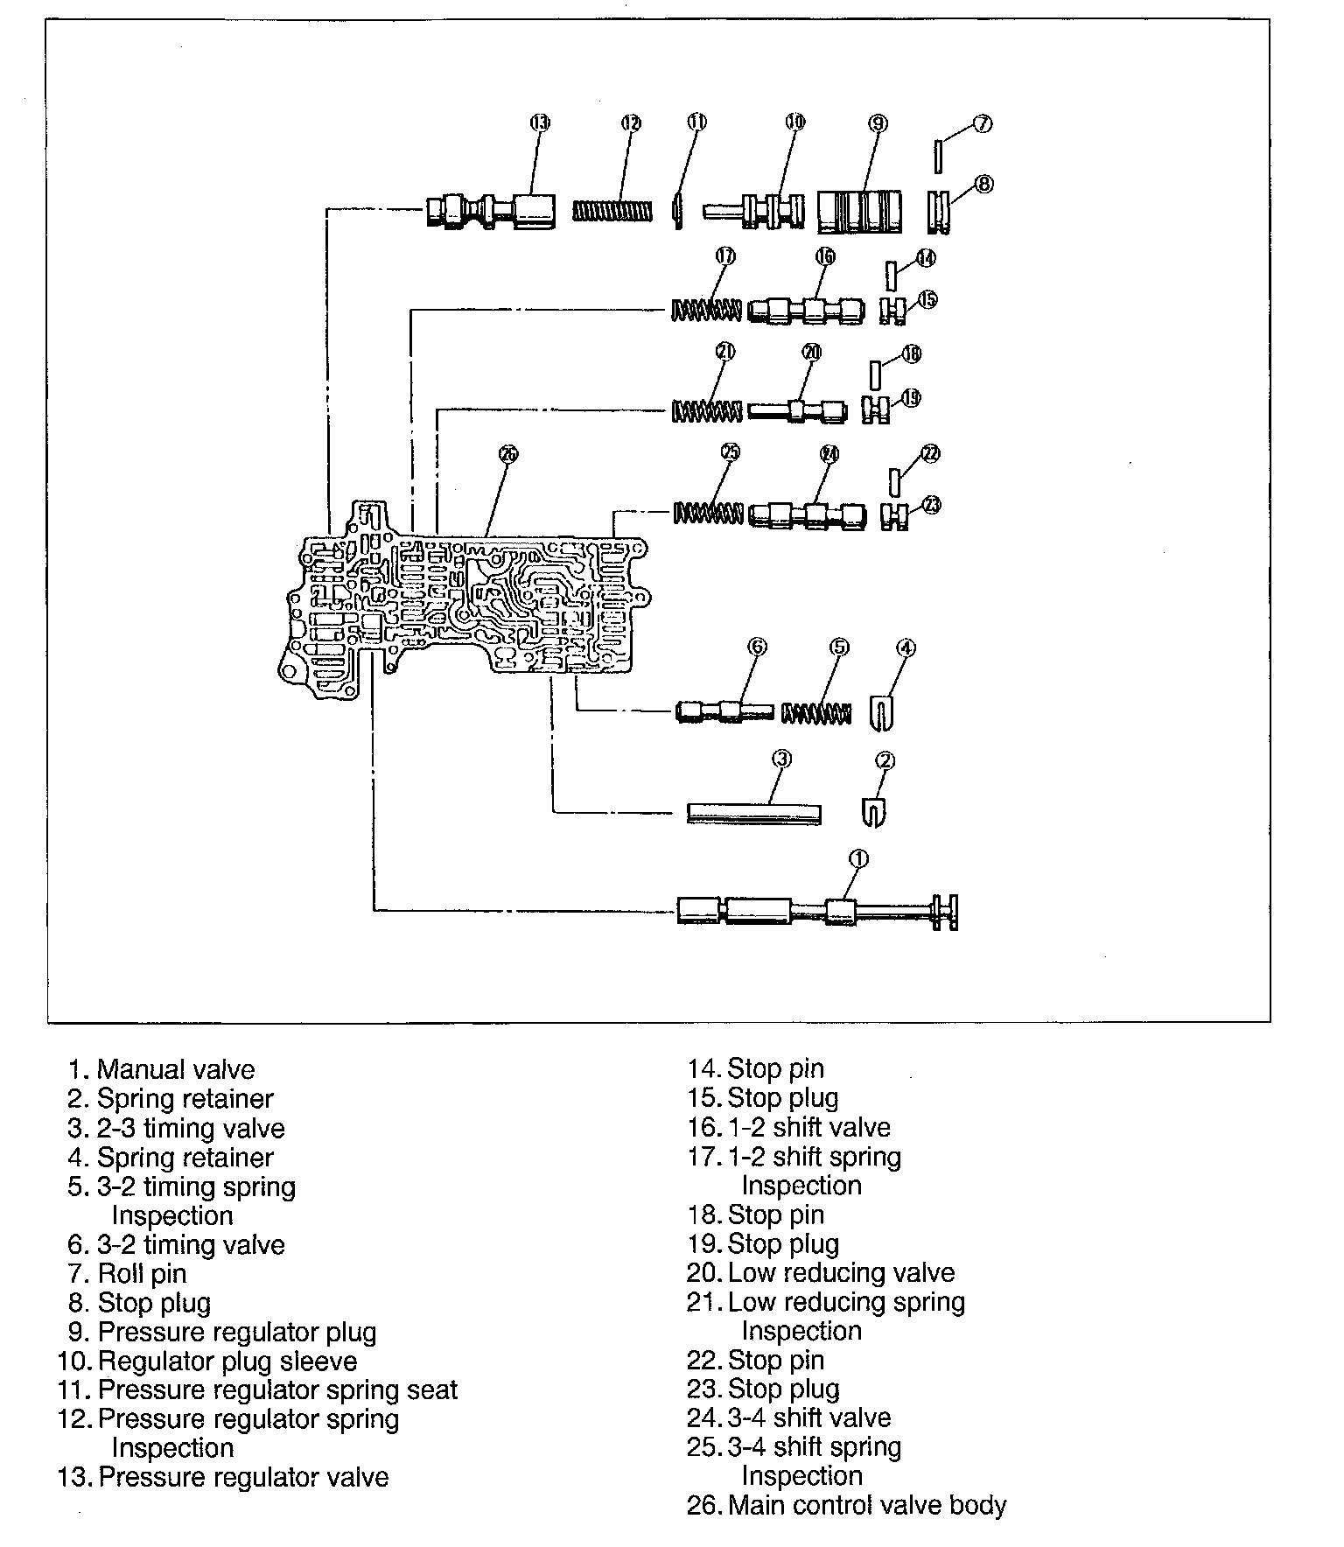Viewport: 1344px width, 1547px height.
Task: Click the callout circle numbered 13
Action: (540, 122)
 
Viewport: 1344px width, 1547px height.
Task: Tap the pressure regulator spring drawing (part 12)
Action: (612, 212)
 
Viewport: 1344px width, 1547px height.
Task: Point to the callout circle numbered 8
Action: (983, 185)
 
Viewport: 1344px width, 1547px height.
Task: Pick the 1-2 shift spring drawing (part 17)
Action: (705, 310)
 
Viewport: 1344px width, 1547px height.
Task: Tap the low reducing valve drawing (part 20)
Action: (798, 410)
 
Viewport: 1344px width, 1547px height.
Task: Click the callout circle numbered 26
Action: (508, 453)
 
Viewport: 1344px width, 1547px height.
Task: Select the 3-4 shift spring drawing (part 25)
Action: (708, 513)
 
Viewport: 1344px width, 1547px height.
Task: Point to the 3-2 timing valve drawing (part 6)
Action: (724, 711)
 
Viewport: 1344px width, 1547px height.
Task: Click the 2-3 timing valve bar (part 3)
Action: (753, 814)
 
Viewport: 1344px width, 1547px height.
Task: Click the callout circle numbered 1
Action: (858, 859)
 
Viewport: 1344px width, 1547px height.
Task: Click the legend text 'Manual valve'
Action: (176, 1069)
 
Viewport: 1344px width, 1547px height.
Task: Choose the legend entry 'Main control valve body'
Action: (866, 1505)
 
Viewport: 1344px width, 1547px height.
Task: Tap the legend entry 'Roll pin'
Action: (142, 1273)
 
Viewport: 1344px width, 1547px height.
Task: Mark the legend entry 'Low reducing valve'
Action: (841, 1272)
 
